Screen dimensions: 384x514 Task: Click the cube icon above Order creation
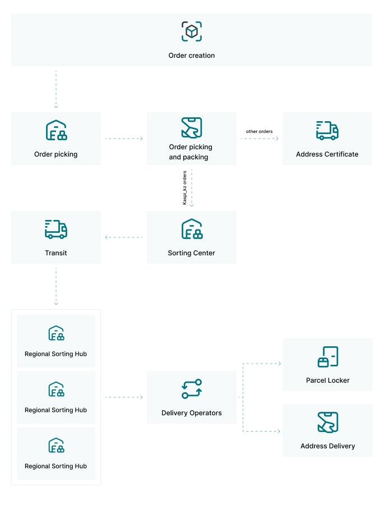coord(192,31)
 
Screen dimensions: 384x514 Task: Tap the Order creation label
coord(192,56)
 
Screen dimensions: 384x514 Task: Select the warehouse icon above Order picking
coord(56,130)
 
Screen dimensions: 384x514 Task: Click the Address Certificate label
coord(327,154)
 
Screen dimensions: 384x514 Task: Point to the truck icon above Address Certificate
coord(327,131)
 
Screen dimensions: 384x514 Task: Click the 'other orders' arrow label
coord(260,131)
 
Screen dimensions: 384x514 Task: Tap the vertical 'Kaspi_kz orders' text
coord(184,188)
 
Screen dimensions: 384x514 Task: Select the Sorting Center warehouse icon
coord(192,229)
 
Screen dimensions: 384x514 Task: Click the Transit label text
coord(56,253)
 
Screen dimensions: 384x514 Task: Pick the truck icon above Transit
coord(56,229)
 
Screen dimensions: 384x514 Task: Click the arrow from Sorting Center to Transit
coord(124,237)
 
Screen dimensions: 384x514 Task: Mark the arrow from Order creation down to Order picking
coord(56,89)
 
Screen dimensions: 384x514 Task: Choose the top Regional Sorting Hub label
coord(55,354)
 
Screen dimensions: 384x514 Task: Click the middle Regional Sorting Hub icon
coord(56,389)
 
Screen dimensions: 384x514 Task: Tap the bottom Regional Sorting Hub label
coord(55,466)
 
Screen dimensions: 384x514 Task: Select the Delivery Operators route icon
coord(192,389)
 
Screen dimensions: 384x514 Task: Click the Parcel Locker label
coord(328,380)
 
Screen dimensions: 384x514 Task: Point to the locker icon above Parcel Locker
coord(328,357)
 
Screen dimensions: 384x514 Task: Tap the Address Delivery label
coord(328,446)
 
